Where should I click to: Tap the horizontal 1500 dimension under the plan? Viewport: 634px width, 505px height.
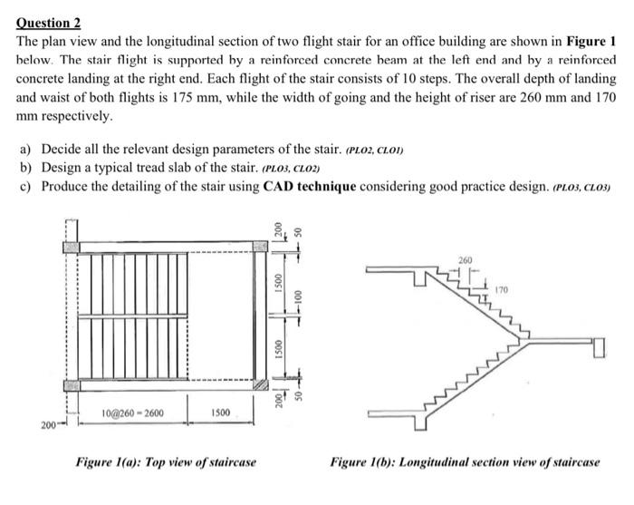pos(219,413)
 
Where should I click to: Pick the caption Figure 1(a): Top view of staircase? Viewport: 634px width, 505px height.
pos(165,462)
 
